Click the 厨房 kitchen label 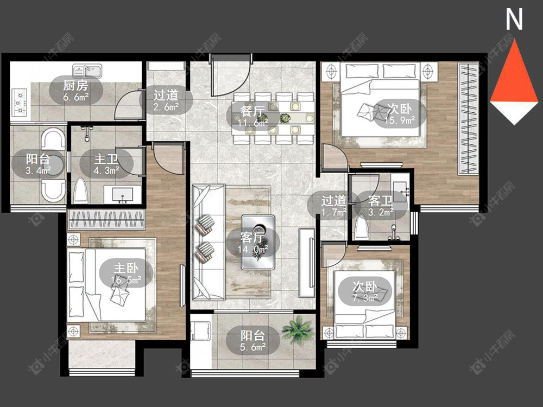click(x=76, y=85)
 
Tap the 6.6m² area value click(x=76, y=97)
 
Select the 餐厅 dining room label click(x=253, y=111)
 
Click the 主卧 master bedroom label click(x=127, y=268)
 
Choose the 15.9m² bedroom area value click(x=400, y=120)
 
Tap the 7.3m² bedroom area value click(x=365, y=297)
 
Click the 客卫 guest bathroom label click(x=381, y=200)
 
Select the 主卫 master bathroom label click(x=106, y=159)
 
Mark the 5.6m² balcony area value click(x=253, y=347)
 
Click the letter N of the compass click(x=514, y=20)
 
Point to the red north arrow click(x=514, y=81)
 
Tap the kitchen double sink click(x=87, y=71)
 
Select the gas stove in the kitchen click(x=20, y=103)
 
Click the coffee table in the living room click(x=258, y=242)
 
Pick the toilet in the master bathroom click(x=81, y=190)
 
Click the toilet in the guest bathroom click(x=361, y=227)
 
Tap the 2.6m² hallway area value click(x=166, y=107)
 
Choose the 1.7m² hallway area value click(x=333, y=212)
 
